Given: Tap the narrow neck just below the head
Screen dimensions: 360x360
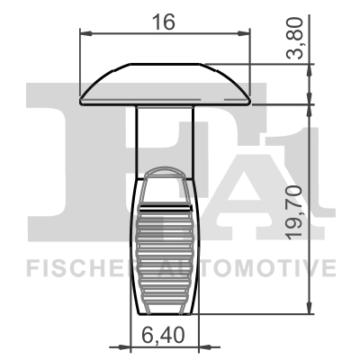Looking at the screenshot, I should click(x=165, y=135).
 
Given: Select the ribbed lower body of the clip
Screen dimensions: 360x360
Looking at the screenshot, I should click(x=165, y=243).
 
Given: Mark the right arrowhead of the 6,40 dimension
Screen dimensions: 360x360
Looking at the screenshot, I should click(x=199, y=347).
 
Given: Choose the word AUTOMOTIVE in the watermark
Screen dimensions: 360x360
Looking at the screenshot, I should click(x=261, y=267).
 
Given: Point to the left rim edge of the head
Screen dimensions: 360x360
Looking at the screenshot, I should click(x=84, y=93).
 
